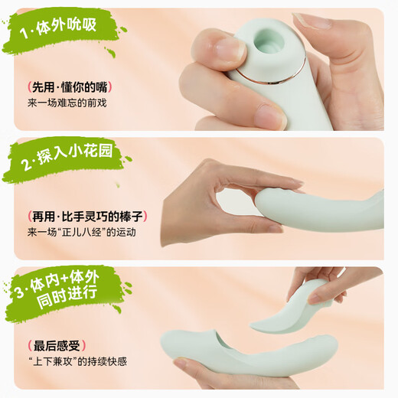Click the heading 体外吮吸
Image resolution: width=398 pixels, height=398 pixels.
[x=67, y=27]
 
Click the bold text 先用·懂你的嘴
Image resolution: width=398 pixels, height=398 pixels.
[x=70, y=87]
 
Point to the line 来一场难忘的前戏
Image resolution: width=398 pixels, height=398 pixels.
[x=67, y=103]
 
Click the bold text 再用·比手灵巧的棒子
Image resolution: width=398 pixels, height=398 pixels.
[x=87, y=217]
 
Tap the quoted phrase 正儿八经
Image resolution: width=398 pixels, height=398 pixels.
[x=83, y=233]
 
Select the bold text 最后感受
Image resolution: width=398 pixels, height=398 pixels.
[x=57, y=346]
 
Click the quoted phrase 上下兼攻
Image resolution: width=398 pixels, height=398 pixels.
[x=55, y=361]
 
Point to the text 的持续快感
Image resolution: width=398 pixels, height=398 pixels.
[x=102, y=361]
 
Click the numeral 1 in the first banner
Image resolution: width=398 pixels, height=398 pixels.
[x=24, y=33]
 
